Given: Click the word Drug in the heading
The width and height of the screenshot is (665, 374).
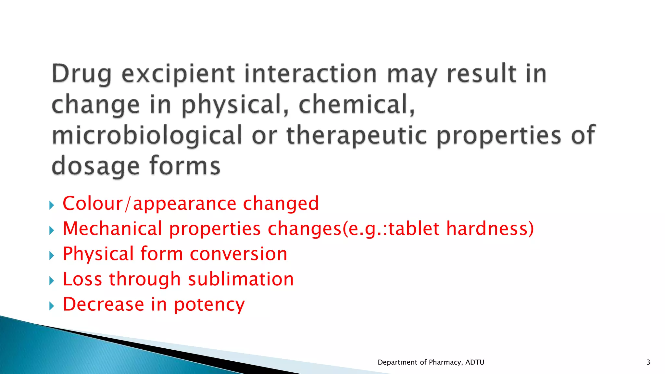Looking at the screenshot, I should point(82,74).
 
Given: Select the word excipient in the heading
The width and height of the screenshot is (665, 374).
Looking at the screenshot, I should point(178,74).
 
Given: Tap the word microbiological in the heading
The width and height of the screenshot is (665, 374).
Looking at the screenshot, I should point(147,136).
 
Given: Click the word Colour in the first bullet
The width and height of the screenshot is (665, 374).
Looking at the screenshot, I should point(93,204).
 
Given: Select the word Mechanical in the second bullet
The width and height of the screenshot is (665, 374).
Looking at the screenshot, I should point(112,229).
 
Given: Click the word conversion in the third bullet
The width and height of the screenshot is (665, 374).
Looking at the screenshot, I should point(238,254).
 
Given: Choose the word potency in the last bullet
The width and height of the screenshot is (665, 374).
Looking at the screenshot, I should point(209,305).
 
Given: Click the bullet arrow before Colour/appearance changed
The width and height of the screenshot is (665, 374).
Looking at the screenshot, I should point(52,205).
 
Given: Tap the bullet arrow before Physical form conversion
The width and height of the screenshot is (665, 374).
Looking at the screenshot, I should point(52,256).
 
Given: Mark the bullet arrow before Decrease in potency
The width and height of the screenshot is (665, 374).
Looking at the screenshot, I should point(52,306).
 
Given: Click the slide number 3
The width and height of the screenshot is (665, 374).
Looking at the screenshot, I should point(648,362).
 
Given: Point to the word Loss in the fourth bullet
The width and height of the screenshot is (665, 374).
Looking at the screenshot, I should point(82,279).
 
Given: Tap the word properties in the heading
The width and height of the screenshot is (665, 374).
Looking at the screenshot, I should point(498,136).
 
